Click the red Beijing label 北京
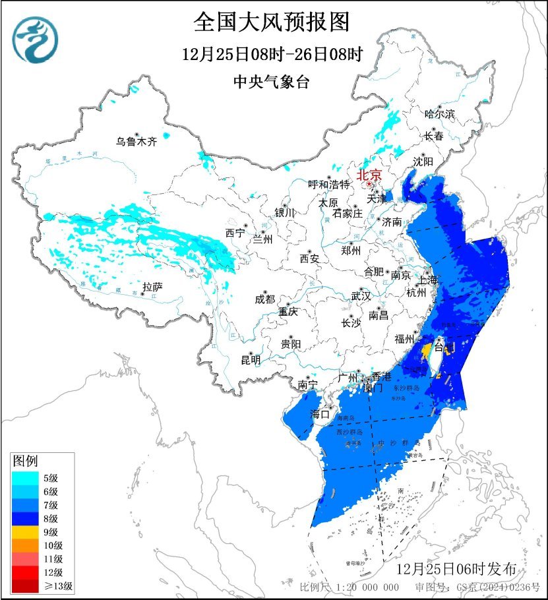(369, 175)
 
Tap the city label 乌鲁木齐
(137, 141)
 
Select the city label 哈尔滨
(440, 114)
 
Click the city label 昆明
(251, 359)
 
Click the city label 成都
(264, 299)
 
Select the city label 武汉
(361, 295)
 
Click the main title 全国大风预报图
(271, 23)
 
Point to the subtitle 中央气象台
(271, 82)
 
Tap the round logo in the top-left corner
(36, 40)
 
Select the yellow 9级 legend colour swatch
(25, 531)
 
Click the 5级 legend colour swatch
(25, 478)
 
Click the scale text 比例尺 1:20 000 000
(350, 587)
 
